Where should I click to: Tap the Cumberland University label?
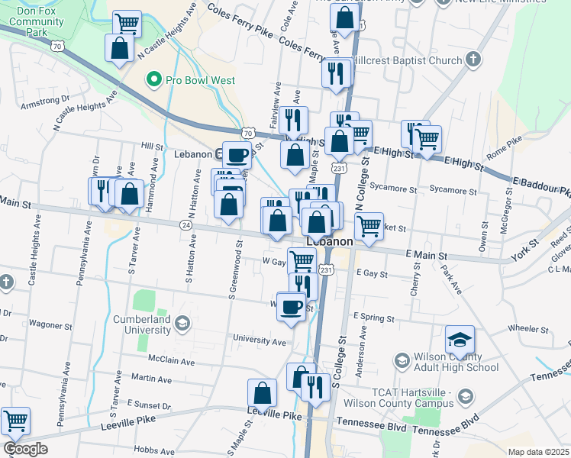pyautogui.click(x=141, y=324)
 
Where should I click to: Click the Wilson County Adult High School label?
pyautogui.click(x=456, y=362)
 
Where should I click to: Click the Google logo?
pyautogui.click(x=24, y=449)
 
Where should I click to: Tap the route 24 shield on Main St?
pyautogui.click(x=186, y=225)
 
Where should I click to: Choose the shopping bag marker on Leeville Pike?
pyautogui.click(x=262, y=392)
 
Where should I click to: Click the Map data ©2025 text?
pyautogui.click(x=537, y=452)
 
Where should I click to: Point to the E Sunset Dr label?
pyautogui.click(x=150, y=402)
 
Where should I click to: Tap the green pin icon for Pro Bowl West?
pyautogui.click(x=153, y=79)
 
